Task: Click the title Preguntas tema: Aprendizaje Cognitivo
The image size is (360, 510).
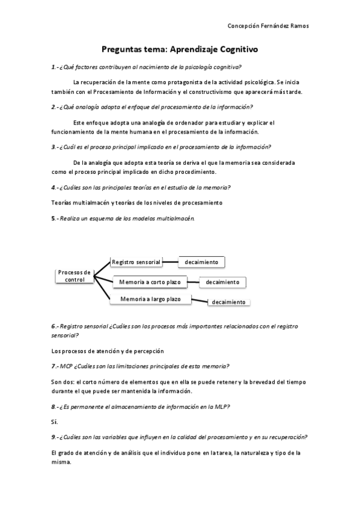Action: point(180,51)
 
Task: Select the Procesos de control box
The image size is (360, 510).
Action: point(74,276)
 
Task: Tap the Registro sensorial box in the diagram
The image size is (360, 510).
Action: point(136,262)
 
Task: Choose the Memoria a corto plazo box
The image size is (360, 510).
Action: point(150,281)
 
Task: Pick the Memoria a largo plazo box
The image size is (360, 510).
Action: point(150,299)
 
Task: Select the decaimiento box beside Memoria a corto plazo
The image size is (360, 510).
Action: point(222,282)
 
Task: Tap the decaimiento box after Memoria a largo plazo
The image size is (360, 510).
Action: point(228,302)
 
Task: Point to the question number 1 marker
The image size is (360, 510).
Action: point(54,67)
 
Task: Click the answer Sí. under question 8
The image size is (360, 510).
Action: point(55,422)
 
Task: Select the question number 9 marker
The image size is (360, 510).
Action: point(54,437)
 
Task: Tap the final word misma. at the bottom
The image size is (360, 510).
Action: point(61,462)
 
